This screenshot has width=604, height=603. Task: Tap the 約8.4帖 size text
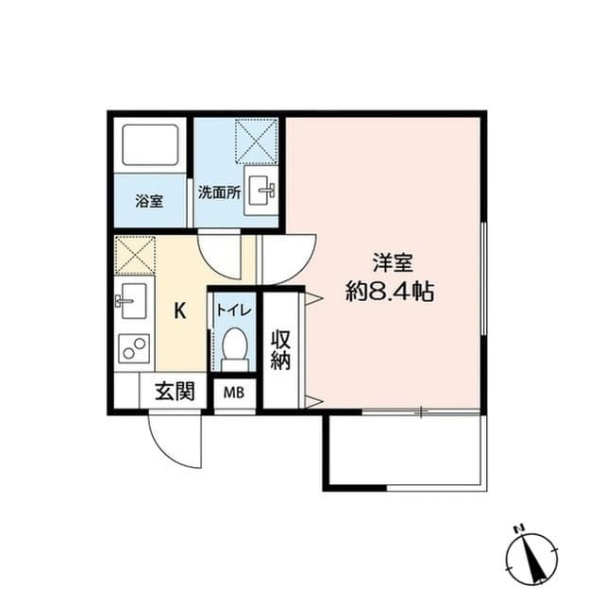[x=389, y=292]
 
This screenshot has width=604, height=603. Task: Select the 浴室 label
[x=148, y=201]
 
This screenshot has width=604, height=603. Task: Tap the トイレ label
[x=233, y=309]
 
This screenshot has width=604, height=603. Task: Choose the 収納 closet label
[x=281, y=349]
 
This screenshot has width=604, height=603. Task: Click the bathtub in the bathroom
[x=151, y=145]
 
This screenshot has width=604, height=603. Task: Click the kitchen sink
[x=131, y=303]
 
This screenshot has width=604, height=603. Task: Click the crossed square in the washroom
[x=255, y=140]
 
